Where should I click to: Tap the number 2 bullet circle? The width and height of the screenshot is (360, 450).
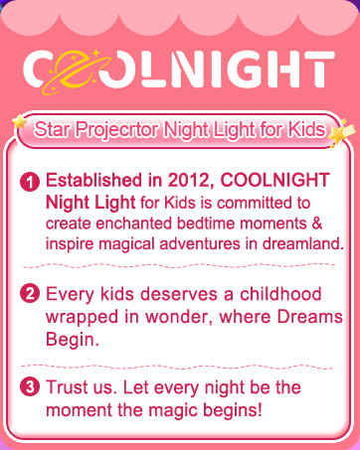[x=30, y=293]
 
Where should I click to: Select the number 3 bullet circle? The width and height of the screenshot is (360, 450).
[x=30, y=388]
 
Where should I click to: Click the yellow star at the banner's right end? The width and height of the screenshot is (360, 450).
[x=341, y=129]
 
